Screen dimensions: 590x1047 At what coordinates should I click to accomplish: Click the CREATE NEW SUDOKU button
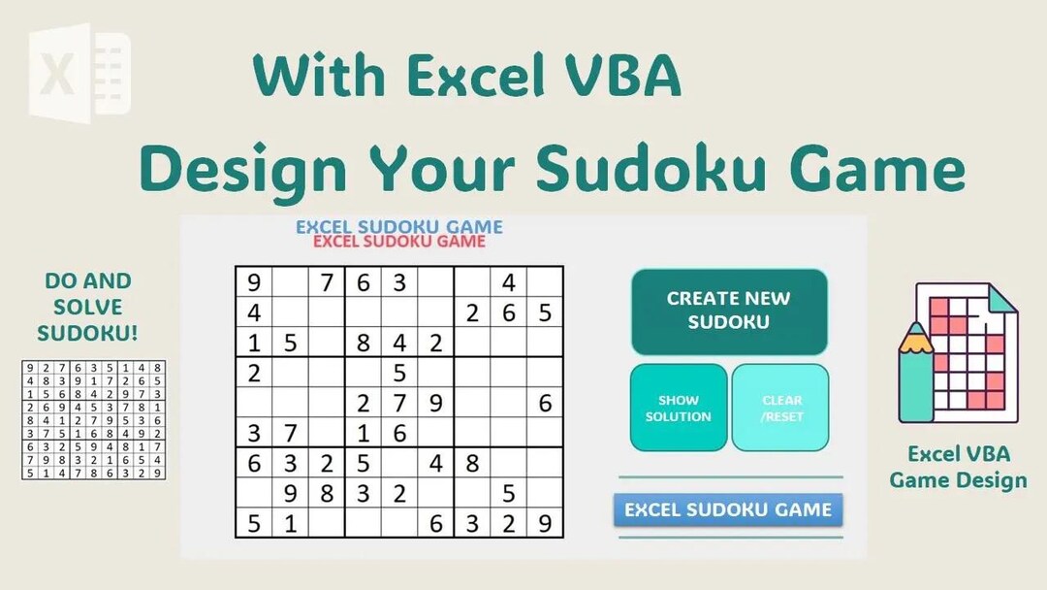point(729,311)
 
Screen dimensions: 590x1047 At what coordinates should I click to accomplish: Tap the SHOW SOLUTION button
point(679,408)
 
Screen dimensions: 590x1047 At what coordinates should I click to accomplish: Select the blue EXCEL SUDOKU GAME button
point(728,509)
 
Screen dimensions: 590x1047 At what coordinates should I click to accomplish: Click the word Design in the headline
point(242,169)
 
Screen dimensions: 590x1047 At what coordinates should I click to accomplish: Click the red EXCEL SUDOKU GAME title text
point(399,242)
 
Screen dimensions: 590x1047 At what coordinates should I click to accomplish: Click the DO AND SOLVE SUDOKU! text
point(87,307)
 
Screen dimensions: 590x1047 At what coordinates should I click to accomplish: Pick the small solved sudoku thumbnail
point(93,419)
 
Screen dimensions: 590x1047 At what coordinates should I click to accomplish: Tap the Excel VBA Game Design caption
point(958,467)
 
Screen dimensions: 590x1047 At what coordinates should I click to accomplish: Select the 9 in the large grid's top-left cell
point(254,283)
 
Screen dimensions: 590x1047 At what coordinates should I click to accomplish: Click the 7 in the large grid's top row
point(327,283)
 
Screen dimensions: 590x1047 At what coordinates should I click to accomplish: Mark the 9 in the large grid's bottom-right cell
point(545,524)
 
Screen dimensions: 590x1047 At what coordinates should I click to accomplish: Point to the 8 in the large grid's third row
point(364,344)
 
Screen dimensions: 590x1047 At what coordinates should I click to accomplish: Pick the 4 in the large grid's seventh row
point(436,464)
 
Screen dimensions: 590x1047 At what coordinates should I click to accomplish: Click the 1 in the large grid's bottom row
point(291,524)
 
